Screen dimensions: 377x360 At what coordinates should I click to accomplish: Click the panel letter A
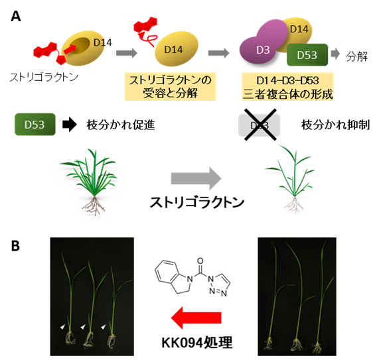tap(16, 17)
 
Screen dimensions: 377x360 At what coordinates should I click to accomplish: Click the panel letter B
tap(16, 246)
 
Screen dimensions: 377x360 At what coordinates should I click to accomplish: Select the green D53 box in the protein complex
tap(307, 55)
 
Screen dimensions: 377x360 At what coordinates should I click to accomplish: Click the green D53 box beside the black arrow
tap(35, 125)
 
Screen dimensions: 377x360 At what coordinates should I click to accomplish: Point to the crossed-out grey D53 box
tap(260, 125)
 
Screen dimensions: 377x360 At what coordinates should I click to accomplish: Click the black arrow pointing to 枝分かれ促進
tap(70, 125)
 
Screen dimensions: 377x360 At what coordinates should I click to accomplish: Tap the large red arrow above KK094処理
tap(196, 318)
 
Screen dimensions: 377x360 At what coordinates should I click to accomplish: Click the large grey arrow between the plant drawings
tap(196, 178)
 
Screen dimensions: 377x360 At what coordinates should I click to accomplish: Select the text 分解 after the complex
tap(357, 56)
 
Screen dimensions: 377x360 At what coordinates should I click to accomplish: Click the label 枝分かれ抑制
tap(335, 125)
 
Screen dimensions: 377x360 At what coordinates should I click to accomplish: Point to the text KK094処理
tap(197, 342)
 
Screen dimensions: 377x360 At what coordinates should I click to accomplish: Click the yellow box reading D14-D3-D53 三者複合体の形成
tap(287, 86)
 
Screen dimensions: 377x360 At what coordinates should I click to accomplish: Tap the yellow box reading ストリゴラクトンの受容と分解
tap(170, 86)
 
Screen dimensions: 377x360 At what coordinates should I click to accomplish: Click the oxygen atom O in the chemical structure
tap(200, 261)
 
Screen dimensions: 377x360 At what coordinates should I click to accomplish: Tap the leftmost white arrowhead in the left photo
tap(62, 327)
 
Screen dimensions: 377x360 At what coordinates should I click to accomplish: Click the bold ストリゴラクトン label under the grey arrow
tap(197, 202)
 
